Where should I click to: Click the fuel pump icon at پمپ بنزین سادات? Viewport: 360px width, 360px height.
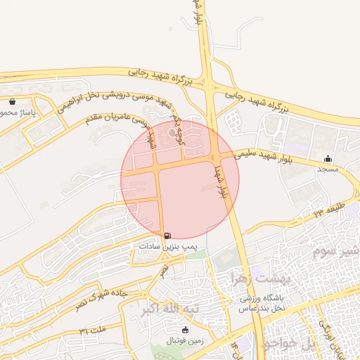click(x=167, y=236)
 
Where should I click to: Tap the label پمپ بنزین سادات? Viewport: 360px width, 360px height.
click(x=167, y=247)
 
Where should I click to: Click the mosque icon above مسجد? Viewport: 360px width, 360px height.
click(x=328, y=158)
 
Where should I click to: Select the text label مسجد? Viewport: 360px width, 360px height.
click(x=328, y=169)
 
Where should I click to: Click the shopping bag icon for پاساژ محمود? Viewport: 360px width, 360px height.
click(x=12, y=101)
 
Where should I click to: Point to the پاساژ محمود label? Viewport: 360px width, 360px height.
click(x=17, y=112)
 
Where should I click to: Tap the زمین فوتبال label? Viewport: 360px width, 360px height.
click(x=185, y=340)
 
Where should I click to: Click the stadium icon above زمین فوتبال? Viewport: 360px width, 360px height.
click(x=185, y=330)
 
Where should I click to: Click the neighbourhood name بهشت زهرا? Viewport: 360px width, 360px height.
click(x=245, y=278)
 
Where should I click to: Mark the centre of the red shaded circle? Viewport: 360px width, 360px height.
click(x=181, y=179)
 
